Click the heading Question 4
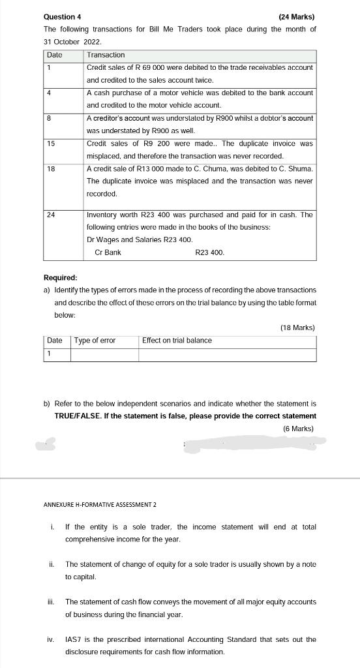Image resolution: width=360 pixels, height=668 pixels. point(63,16)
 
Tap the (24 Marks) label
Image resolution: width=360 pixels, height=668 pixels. point(296,16)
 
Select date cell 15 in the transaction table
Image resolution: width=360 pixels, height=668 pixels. point(52,144)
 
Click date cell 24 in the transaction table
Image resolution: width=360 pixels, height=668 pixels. point(52,215)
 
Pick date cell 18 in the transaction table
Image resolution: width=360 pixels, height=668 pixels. point(52,169)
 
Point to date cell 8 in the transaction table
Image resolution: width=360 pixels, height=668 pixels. point(50,118)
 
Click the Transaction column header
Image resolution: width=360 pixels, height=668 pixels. point(106,55)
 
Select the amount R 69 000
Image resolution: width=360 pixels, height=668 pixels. point(149,67)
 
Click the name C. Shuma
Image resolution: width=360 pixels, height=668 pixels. point(294,169)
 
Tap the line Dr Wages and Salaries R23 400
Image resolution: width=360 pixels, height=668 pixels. point(140,239)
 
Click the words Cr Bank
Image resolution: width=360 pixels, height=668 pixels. point(108,252)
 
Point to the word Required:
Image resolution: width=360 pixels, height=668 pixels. point(60,277)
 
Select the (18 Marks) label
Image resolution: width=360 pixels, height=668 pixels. point(297,327)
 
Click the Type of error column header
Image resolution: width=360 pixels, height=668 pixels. point(95,341)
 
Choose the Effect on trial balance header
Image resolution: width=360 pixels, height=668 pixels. point(177,341)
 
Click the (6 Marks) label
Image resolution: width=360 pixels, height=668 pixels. point(299,429)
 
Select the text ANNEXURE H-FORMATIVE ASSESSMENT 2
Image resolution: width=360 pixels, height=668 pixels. point(100,504)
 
